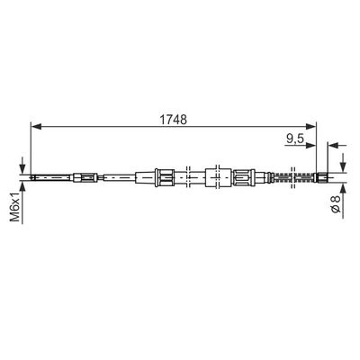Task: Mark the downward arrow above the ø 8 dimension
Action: tap(344, 161)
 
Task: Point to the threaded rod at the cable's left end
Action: tap(40, 177)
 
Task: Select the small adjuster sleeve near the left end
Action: tap(86, 177)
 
